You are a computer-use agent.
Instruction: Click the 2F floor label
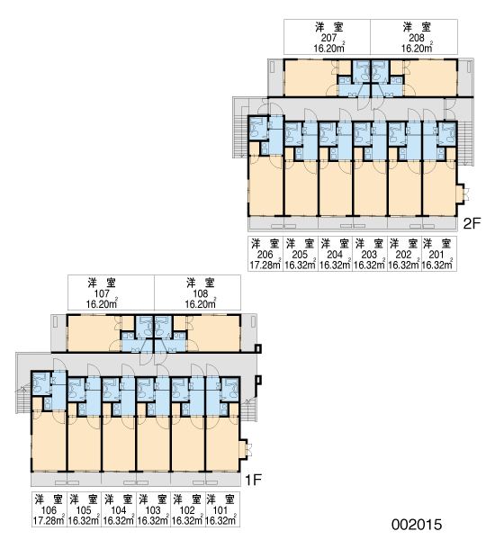472,223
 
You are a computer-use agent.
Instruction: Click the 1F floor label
253,480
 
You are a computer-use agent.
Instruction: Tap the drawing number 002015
417,525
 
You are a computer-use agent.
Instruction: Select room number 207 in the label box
328,38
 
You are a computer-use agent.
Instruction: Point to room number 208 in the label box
417,38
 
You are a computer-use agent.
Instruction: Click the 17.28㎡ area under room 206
265,265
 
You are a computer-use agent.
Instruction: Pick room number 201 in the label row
436,255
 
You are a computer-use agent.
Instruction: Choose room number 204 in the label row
335,255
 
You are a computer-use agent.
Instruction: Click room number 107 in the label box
102,293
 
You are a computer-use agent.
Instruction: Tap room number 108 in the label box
201,293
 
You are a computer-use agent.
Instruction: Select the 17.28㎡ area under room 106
49,520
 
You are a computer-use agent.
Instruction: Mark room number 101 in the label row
220,510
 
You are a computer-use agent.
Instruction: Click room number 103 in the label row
153,510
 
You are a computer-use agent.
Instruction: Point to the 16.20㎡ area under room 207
329,48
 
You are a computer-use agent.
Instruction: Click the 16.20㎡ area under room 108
201,304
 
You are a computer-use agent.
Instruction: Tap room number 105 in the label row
84,510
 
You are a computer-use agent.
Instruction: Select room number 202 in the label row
403,255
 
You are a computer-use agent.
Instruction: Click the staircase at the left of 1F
23,399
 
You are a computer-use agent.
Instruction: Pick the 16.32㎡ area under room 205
301,265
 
